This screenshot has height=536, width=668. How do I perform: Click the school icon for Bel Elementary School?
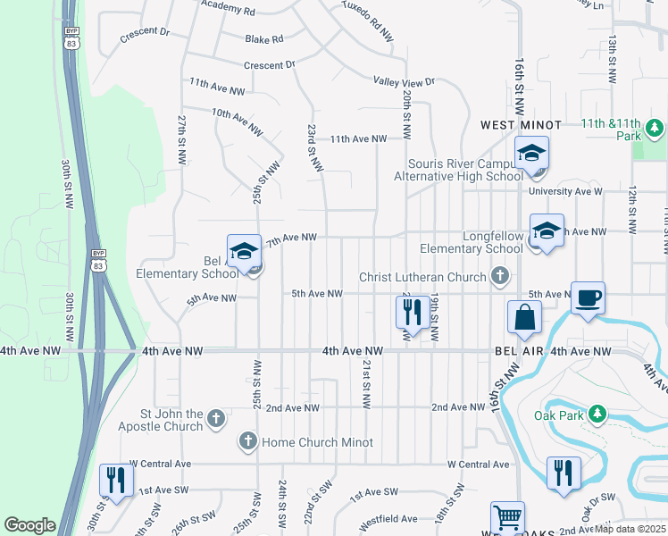coord(244,253)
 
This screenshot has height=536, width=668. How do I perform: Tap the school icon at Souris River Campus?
coord(531,154)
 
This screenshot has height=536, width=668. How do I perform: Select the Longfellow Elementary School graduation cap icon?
coord(547,231)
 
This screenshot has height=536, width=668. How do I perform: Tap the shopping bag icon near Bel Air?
coord(524,317)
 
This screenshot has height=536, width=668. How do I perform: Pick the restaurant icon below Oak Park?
coord(564,473)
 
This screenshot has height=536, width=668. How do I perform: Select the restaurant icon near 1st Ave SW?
coord(117,481)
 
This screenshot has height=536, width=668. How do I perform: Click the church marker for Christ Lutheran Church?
coord(501,277)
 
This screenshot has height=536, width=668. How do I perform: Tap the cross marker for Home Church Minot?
coord(247,441)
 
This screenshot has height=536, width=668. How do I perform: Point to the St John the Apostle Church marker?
coord(215,419)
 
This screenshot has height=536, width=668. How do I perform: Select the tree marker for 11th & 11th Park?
coord(655,129)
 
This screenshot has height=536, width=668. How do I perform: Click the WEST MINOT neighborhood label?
coord(522,125)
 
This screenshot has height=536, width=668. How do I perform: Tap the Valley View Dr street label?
coord(404,81)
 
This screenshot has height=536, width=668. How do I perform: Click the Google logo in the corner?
coord(29,524)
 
